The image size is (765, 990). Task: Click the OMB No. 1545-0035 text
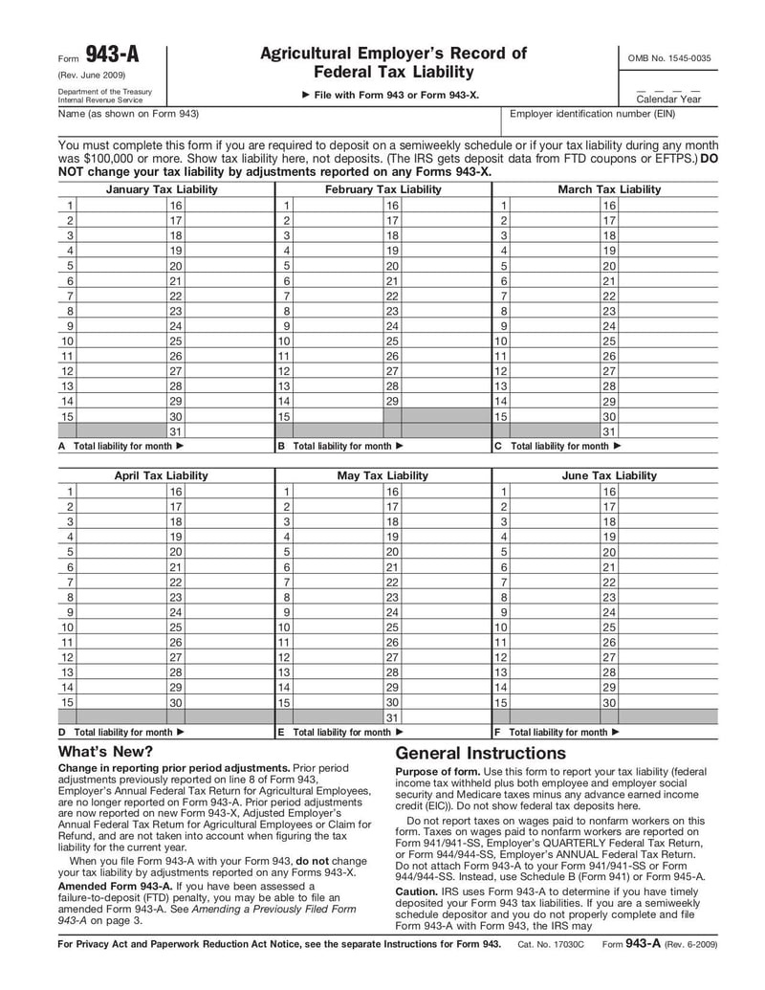pyautogui.click(x=669, y=58)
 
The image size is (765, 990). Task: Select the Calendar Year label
pyautogui.click(x=668, y=99)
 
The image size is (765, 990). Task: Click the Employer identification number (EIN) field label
pyautogui.click(x=592, y=115)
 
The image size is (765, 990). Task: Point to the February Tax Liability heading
pyautogui.click(x=382, y=189)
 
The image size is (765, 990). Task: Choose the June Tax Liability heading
pyautogui.click(x=609, y=475)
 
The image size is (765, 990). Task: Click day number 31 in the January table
pyautogui.click(x=175, y=431)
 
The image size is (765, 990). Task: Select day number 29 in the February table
pyautogui.click(x=392, y=401)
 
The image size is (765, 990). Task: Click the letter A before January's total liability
pyautogui.click(x=62, y=446)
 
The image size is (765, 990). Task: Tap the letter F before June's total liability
pyautogui.click(x=497, y=732)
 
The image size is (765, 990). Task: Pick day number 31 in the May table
pyautogui.click(x=392, y=717)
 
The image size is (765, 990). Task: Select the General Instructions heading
pyautogui.click(x=480, y=753)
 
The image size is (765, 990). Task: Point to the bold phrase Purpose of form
pyautogui.click(x=438, y=772)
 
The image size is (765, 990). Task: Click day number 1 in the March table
pyautogui.click(x=502, y=205)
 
